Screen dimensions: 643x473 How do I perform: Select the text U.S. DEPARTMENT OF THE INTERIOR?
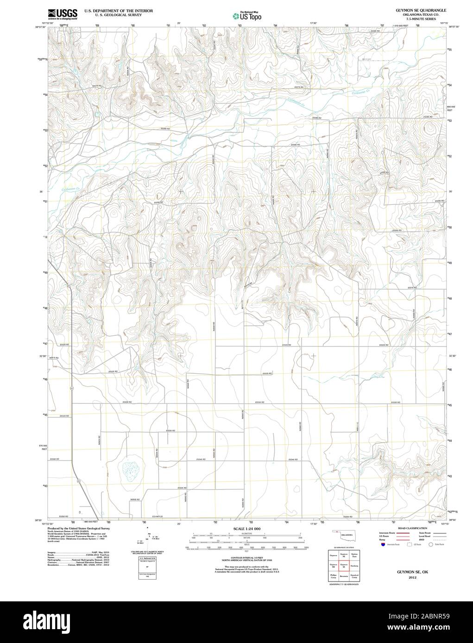(112, 10)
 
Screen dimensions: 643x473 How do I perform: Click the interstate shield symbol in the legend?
(382, 545)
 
